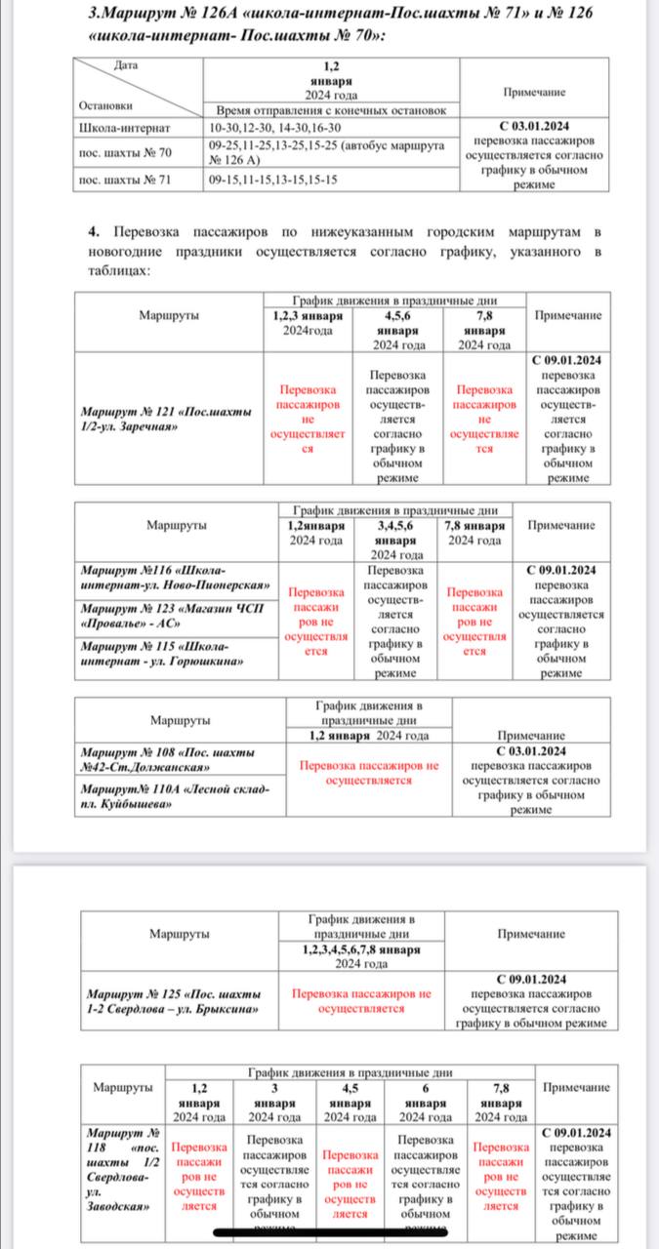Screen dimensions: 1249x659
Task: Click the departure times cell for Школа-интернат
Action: point(273,128)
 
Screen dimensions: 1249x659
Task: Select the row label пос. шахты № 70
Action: point(125,152)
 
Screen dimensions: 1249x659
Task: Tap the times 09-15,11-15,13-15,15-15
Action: point(272,180)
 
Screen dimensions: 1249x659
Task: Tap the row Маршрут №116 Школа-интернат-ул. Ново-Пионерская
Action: point(176,578)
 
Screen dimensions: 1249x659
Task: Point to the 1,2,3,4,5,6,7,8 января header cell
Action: point(361,956)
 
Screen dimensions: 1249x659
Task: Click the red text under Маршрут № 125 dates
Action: point(361,1000)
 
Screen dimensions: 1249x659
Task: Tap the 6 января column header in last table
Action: point(422,1103)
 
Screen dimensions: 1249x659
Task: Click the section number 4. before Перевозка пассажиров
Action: point(94,232)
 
